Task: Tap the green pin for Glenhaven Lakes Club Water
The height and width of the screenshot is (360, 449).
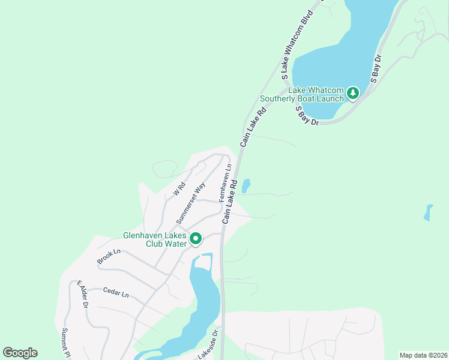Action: [x=196, y=239]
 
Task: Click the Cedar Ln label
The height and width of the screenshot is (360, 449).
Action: [x=116, y=293]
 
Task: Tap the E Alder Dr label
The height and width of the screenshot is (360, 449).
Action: [x=82, y=294]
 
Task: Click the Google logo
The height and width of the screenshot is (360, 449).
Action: [x=20, y=353]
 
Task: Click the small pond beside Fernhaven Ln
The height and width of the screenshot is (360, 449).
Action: [x=246, y=186]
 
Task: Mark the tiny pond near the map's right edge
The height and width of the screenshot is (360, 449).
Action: [x=428, y=212]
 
